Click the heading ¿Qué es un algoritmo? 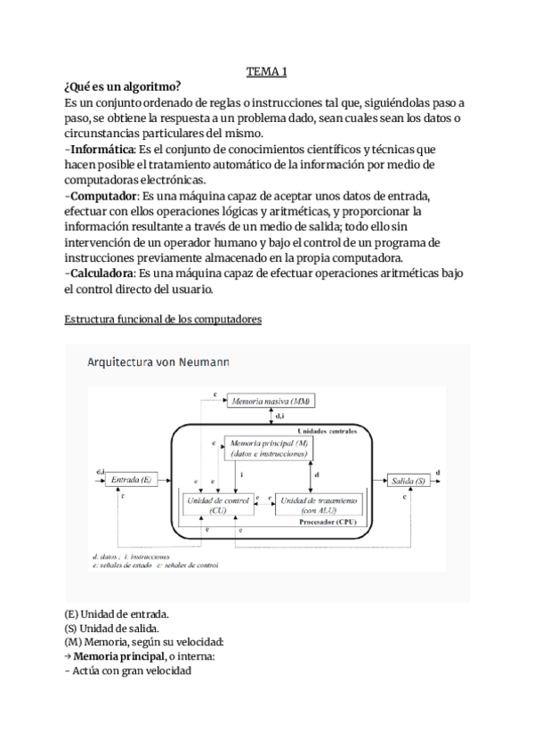click(x=122, y=86)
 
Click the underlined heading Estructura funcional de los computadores click(x=163, y=321)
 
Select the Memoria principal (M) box click(x=268, y=449)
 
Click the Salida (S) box click(x=407, y=480)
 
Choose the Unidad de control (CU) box click(x=216, y=505)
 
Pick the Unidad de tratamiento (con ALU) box click(x=319, y=505)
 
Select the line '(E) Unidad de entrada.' click(x=117, y=613)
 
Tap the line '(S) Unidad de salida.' click(x=112, y=628)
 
